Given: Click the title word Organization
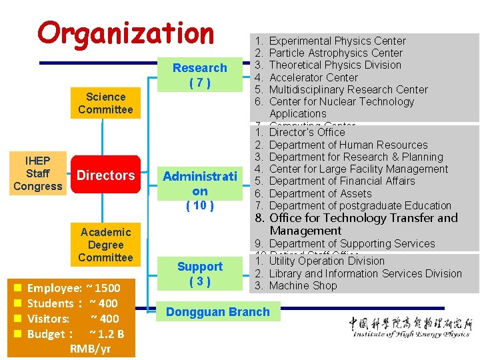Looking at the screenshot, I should point(126,33).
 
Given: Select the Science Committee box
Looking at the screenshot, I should point(105,103).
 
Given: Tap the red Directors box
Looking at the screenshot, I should point(106,175).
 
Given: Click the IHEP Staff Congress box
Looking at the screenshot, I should point(37,173).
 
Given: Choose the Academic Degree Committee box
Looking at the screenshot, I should point(105,245).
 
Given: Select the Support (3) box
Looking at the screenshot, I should point(199,274).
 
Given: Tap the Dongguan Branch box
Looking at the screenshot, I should point(218,312).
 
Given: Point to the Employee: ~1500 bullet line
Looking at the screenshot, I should point(73,288).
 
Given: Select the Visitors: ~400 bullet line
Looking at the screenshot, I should point(73,319).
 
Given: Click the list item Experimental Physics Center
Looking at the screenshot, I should point(337,41).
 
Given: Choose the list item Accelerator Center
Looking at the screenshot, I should point(313,77).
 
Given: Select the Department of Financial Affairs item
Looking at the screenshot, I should point(341,181).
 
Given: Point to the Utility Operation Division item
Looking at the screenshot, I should point(327,261).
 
